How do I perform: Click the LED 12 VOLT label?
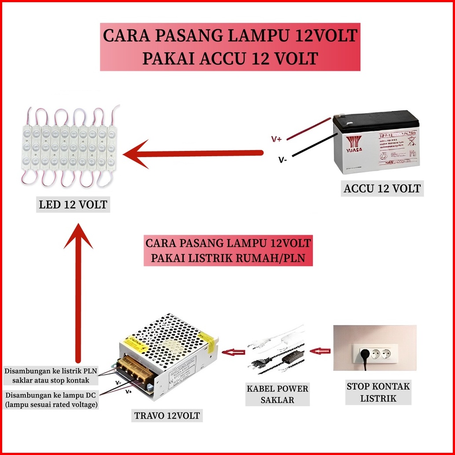(73, 205)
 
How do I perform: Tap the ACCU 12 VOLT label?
(382, 189)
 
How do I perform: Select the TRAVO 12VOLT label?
(167, 415)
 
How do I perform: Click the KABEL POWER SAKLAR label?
(277, 394)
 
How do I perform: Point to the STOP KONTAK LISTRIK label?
(378, 393)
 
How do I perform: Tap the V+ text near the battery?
(277, 139)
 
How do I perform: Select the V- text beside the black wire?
(282, 160)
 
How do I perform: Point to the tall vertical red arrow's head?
(79, 235)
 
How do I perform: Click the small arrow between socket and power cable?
(320, 351)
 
